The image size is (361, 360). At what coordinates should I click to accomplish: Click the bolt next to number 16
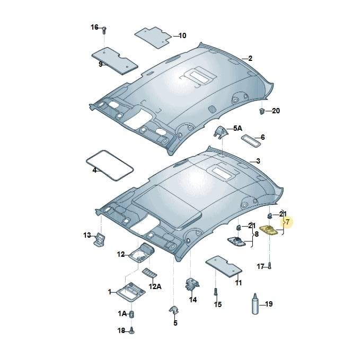104,30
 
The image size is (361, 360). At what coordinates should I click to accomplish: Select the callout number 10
182,35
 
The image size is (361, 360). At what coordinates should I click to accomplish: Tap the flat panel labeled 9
115,61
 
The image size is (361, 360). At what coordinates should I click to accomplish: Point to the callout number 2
250,58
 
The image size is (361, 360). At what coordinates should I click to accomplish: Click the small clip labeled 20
262,111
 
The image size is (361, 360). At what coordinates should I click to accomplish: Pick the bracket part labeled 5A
221,132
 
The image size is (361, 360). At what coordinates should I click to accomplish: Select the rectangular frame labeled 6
251,141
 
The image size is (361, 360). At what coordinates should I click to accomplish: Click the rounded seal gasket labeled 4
110,165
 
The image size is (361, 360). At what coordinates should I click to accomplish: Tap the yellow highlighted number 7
287,222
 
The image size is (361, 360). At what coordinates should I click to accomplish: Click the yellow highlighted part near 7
269,230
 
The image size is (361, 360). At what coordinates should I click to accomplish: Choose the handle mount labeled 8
236,241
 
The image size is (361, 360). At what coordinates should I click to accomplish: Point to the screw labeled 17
270,266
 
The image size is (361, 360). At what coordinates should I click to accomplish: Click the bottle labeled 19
255,304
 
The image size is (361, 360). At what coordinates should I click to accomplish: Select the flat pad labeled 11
224,267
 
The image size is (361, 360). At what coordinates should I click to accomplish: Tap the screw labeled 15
216,292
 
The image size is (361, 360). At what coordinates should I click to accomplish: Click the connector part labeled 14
192,284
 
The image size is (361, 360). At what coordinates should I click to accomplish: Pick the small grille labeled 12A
149,273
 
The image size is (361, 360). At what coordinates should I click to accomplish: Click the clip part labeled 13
99,239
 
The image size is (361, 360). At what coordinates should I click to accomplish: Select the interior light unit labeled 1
131,291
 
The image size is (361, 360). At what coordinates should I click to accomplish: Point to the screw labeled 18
131,330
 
